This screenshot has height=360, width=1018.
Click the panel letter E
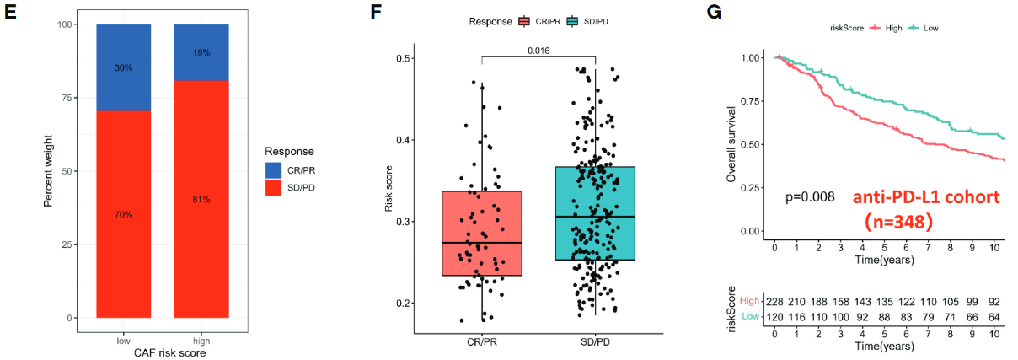pos(11,14)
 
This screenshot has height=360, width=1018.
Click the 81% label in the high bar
pos(201,200)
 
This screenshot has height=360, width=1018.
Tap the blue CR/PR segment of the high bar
pos(201,52)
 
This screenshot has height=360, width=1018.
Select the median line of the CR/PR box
pos(482,243)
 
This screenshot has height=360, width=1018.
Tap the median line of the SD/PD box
pos(595,217)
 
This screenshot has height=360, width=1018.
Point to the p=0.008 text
pos(810,196)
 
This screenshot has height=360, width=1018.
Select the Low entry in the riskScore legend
pos(931,28)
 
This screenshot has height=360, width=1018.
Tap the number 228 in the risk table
pos(775,300)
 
